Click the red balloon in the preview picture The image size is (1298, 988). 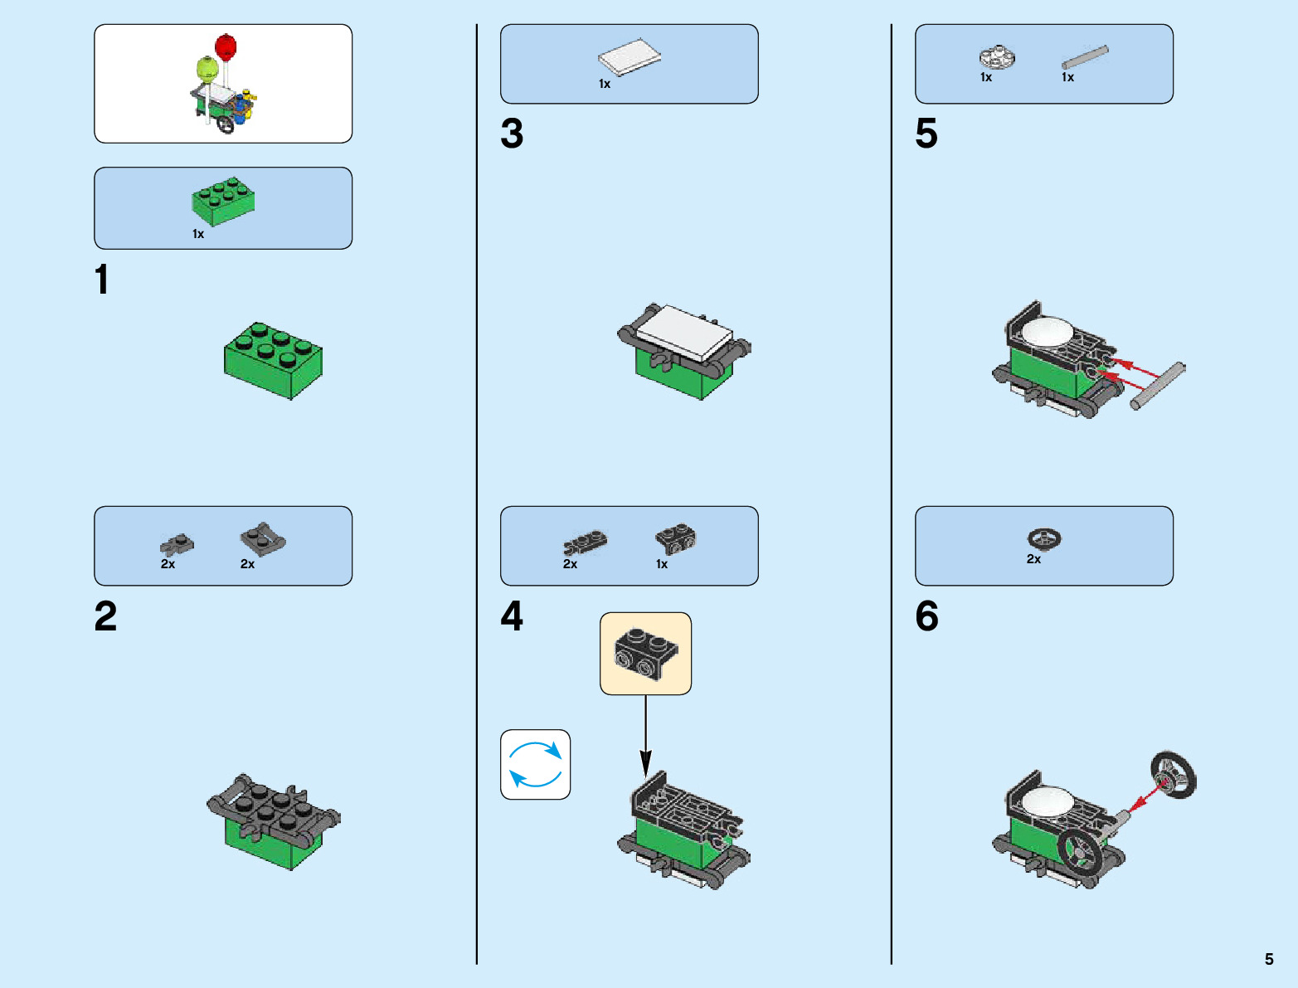pos(226,46)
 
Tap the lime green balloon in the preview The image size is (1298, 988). pos(207,68)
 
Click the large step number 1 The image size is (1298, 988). pos(101,280)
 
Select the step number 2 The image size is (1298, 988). pos(105,616)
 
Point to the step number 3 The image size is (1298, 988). pos(512,134)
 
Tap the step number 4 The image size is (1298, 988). pos(512,616)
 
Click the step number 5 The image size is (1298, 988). pos(926,134)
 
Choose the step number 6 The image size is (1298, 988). pos(926,616)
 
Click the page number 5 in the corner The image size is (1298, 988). pos(1268,959)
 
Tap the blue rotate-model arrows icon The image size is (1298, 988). pos(535,764)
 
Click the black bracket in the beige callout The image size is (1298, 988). pos(645,654)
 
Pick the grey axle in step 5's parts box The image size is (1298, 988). pos(1085,57)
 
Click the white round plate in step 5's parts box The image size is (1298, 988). pos(997,56)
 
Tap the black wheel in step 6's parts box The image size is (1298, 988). pos(1044,538)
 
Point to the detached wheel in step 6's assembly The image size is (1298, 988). pos(1173,775)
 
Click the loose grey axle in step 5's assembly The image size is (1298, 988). pos(1158,386)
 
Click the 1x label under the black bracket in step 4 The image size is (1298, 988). pos(662,564)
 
